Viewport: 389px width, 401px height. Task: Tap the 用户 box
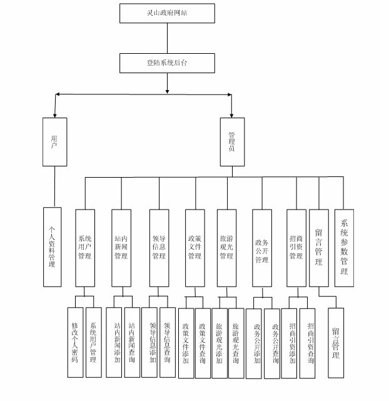[x=54, y=141]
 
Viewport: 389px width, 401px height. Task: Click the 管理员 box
[x=231, y=141]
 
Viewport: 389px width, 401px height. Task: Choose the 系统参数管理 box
[x=344, y=246]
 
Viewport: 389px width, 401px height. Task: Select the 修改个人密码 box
[x=75, y=342]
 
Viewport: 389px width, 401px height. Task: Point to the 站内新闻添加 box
[x=114, y=342]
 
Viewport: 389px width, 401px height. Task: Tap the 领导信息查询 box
[x=168, y=342]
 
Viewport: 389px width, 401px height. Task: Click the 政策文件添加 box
[x=186, y=343]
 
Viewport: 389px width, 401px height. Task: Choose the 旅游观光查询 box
[x=236, y=342]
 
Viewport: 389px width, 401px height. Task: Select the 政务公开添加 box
[x=255, y=343]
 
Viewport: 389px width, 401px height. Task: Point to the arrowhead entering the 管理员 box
[x=231, y=114]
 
